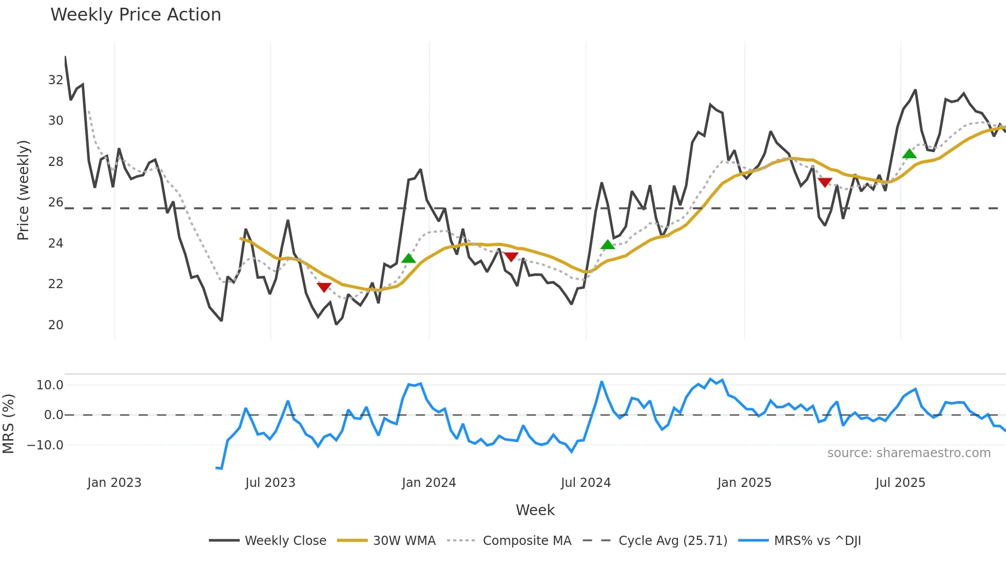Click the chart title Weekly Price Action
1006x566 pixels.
pyautogui.click(x=136, y=15)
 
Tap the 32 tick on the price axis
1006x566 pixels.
pyautogui.click(x=55, y=80)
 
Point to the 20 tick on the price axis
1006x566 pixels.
pyautogui.click(x=55, y=325)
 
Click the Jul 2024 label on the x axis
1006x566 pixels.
pyautogui.click(x=586, y=483)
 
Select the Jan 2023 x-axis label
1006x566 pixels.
pyautogui.click(x=114, y=483)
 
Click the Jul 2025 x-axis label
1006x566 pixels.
pyautogui.click(x=900, y=483)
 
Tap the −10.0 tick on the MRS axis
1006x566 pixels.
pyautogui.click(x=45, y=445)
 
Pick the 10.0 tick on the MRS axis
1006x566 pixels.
pyautogui.click(x=50, y=385)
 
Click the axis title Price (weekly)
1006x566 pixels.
pyautogui.click(x=23, y=190)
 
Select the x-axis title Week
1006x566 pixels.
pyautogui.click(x=535, y=510)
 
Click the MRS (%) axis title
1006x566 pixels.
pyautogui.click(x=8, y=424)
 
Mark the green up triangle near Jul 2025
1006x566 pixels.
pyautogui.click(x=909, y=154)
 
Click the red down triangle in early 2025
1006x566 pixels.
pyautogui.click(x=825, y=182)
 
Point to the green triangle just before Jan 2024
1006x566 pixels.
pyautogui.click(x=409, y=258)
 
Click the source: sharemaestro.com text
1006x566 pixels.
pyautogui.click(x=908, y=453)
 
